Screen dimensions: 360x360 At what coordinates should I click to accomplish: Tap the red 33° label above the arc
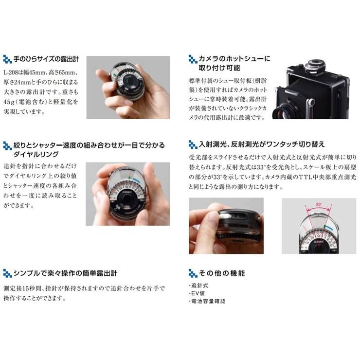[318, 205]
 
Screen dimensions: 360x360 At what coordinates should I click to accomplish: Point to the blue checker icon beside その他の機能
[193, 273]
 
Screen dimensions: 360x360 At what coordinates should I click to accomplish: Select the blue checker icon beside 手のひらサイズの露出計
[7, 60]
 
